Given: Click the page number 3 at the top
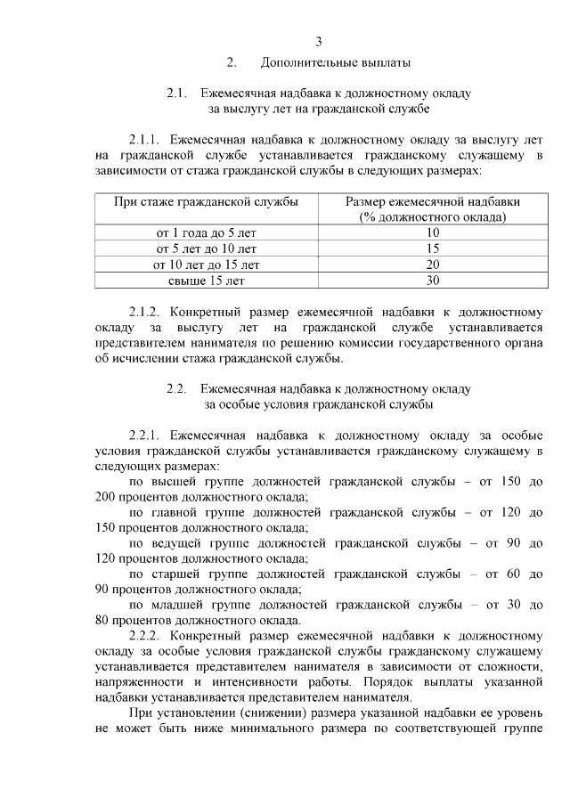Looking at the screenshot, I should click(x=318, y=41).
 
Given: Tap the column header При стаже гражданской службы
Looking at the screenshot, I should click(x=206, y=202).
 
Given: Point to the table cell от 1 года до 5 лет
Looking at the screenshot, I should click(x=206, y=232).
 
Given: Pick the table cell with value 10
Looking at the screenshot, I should click(x=433, y=232).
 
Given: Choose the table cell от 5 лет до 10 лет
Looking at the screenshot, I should click(x=206, y=248).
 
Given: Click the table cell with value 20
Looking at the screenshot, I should click(x=433, y=265).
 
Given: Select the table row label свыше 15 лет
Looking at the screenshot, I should click(x=206, y=281).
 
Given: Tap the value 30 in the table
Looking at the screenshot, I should click(x=433, y=281).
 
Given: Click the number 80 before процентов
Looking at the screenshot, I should click(x=102, y=621).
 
